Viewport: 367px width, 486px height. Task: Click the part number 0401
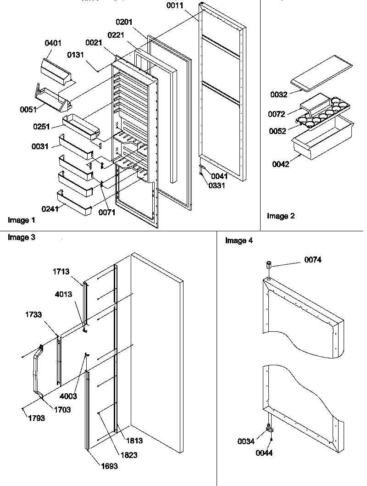click(x=54, y=44)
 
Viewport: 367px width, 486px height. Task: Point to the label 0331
click(x=217, y=185)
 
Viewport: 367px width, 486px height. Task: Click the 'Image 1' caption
click(x=21, y=220)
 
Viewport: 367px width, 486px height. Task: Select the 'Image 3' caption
click(x=21, y=237)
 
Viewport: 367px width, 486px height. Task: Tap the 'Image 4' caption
click(x=239, y=241)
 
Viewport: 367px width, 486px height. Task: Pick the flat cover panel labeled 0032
click(x=324, y=75)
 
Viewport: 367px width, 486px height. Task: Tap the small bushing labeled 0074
click(x=269, y=265)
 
